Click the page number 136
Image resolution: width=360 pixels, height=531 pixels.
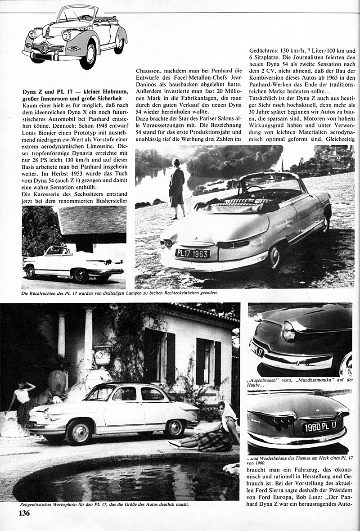tap(24, 513)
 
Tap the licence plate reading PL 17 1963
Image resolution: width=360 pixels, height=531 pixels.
tap(193, 254)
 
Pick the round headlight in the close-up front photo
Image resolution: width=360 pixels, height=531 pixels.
tap(288, 331)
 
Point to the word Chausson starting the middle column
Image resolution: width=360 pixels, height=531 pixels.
tap(149, 71)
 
